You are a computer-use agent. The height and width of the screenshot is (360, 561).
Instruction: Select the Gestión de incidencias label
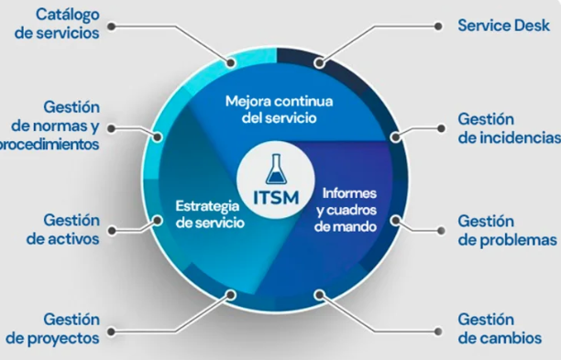click(x=507, y=128)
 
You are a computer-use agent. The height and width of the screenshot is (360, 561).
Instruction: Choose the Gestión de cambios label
click(x=499, y=328)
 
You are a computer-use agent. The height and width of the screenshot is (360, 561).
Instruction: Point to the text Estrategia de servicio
click(x=209, y=213)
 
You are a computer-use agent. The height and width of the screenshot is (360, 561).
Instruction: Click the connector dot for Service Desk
click(x=320, y=64)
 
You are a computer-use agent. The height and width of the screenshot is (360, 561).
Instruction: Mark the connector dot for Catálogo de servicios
click(x=229, y=64)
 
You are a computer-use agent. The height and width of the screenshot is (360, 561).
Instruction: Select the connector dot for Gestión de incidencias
click(x=395, y=136)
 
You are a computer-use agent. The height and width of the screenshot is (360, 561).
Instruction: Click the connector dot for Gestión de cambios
click(x=320, y=295)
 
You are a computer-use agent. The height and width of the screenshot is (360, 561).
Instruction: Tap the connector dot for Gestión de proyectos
click(x=229, y=295)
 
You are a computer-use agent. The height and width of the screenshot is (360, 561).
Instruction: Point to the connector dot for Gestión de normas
click(x=158, y=137)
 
